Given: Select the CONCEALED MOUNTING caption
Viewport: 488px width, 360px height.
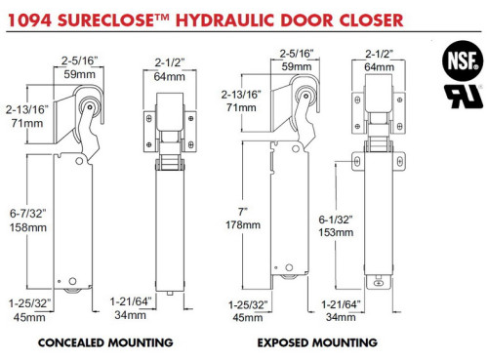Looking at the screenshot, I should click(x=104, y=342).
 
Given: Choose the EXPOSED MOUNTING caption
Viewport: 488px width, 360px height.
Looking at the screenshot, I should click(x=316, y=342).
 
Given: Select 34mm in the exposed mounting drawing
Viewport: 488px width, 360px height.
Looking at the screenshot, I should click(x=341, y=316).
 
